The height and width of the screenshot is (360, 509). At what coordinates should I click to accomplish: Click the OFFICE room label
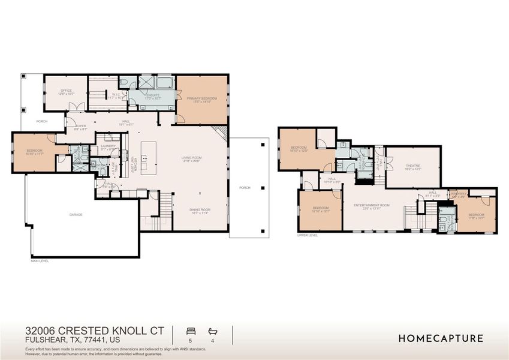(x=66, y=91)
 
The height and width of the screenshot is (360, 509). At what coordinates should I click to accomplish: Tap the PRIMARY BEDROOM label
(x=201, y=98)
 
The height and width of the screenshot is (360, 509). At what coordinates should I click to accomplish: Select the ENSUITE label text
(x=152, y=94)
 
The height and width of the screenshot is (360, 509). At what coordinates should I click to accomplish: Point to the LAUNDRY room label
(x=108, y=146)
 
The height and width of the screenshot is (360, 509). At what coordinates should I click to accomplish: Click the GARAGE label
(x=76, y=214)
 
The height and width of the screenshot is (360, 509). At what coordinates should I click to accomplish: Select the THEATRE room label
(x=412, y=165)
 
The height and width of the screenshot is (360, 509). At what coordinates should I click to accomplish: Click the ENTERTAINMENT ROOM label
(x=371, y=205)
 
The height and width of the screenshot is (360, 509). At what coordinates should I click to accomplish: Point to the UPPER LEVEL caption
(x=307, y=235)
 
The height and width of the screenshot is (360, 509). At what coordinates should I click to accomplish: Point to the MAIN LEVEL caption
(x=40, y=261)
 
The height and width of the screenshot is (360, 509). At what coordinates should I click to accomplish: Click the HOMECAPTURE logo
(x=441, y=338)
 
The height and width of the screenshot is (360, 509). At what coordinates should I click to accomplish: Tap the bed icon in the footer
(x=191, y=331)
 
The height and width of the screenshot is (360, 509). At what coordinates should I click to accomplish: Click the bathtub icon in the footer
(x=212, y=331)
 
